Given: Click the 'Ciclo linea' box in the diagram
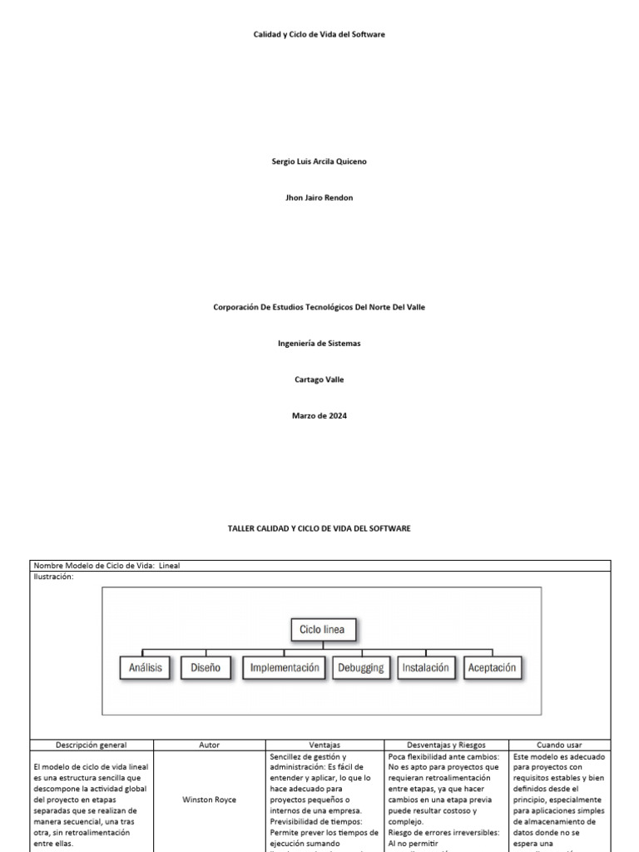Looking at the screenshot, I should pos(322,630).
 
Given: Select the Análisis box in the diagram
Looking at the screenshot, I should pos(146,667).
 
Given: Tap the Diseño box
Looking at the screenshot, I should pos(205,667).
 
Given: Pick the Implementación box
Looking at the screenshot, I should pos(285,667).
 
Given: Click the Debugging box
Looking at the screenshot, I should pos(361,667).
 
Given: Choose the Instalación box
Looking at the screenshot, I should pos(425,667).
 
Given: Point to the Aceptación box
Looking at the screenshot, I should pos(492,667).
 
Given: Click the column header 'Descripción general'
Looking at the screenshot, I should pos(92,745).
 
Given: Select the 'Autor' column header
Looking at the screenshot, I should pos(210,745).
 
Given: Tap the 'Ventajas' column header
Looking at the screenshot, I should pos(324,745).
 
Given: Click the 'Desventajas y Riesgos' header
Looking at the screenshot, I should pos(447,745).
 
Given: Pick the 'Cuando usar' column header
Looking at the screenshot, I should pos(560,745).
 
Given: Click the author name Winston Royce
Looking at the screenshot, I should pos(209,800).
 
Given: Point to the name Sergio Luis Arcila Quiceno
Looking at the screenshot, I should pos(319,161).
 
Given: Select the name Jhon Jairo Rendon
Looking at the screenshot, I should pos(319,198).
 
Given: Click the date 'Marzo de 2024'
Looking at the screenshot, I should pos(319,416).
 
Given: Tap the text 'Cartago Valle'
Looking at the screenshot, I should pos(319,379).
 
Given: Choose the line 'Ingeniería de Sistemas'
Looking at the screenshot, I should pos(319,343).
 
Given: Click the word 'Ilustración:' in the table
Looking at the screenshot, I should pos(54,576).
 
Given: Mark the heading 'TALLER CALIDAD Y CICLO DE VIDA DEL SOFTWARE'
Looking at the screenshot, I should pos(319,528).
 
